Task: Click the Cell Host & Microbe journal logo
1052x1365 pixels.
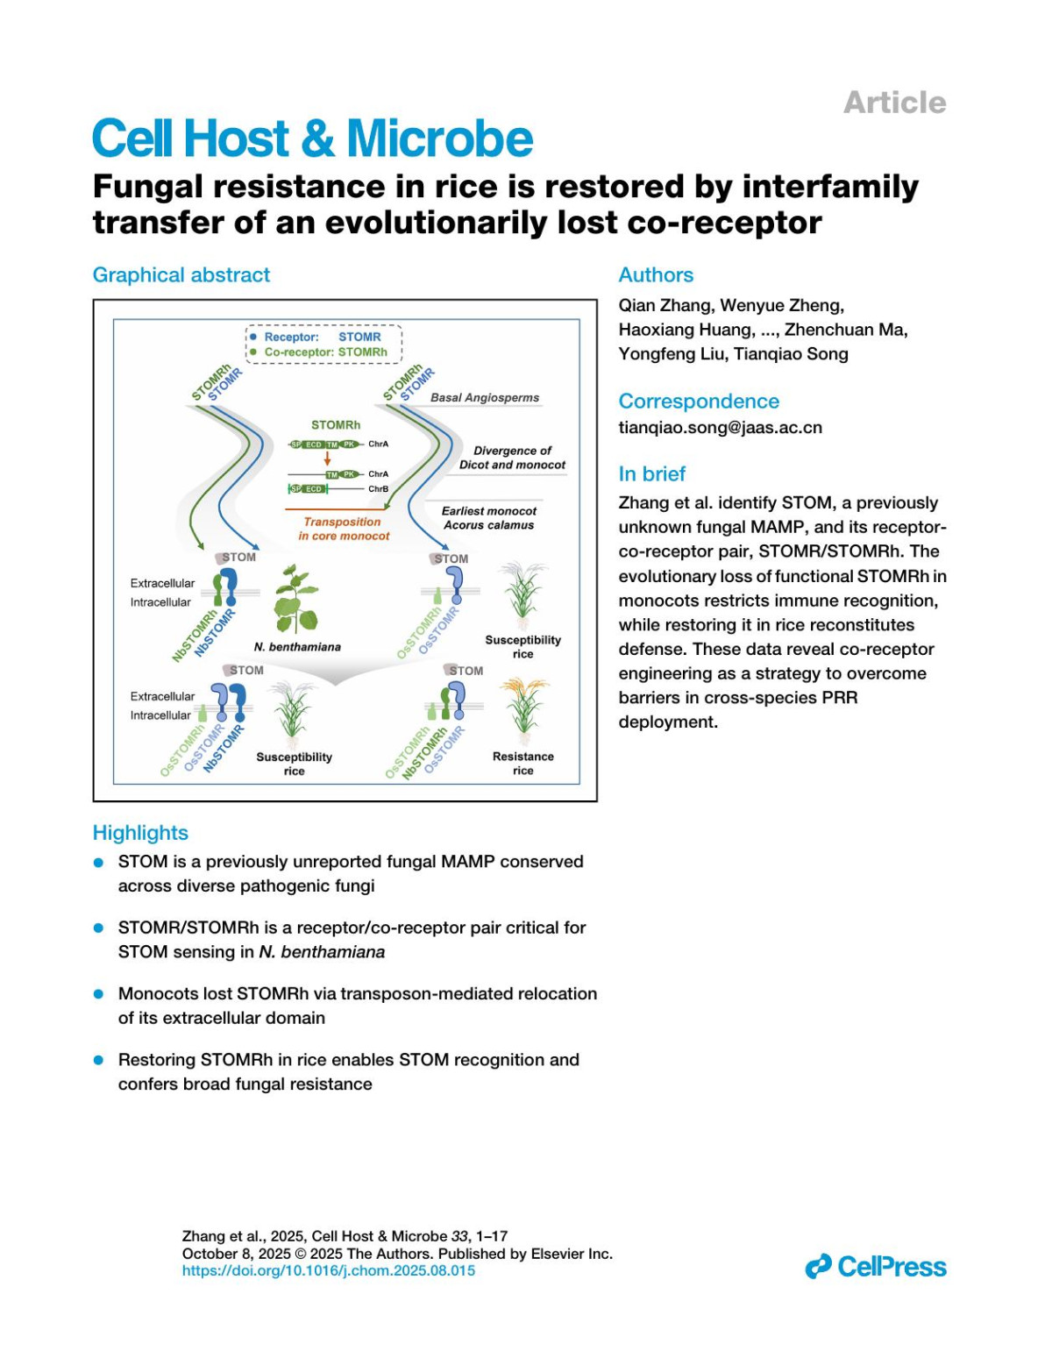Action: click(x=312, y=139)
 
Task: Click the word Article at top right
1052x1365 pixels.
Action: click(x=894, y=103)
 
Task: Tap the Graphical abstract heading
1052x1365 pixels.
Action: click(x=181, y=274)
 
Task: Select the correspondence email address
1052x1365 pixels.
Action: click(x=720, y=428)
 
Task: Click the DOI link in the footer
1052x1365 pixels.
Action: click(x=328, y=1270)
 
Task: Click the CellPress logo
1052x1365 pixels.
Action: click(x=876, y=1267)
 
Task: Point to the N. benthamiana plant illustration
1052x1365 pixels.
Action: click(x=295, y=601)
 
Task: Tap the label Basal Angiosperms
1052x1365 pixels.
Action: click(x=485, y=397)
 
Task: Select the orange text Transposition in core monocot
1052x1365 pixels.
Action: click(x=344, y=529)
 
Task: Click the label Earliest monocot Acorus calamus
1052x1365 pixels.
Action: click(x=488, y=518)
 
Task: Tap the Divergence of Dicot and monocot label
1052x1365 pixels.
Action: click(x=512, y=458)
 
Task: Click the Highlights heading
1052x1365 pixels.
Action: click(x=140, y=832)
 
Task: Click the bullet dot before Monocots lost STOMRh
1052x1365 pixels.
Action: click(x=99, y=994)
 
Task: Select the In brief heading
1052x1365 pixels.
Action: click(x=651, y=473)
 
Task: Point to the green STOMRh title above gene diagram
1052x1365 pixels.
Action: click(x=336, y=424)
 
